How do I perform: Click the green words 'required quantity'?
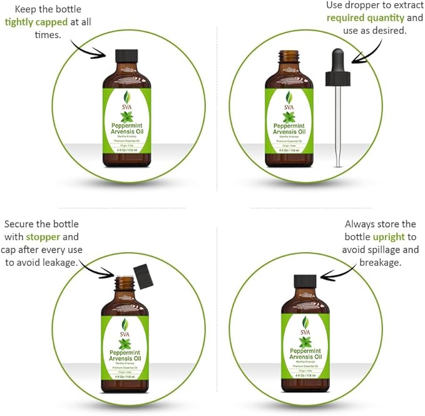coord(366,18)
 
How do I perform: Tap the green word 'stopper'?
coord(43,237)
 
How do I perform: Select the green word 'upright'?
coord(389,237)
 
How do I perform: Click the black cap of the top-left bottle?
coord(127,55)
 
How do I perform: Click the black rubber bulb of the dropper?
coord(337,68)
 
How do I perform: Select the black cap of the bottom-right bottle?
coord(305,281)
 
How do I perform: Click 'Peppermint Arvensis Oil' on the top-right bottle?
coord(289,128)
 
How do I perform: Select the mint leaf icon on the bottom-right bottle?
coord(305,342)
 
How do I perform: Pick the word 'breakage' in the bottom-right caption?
coord(382,262)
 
